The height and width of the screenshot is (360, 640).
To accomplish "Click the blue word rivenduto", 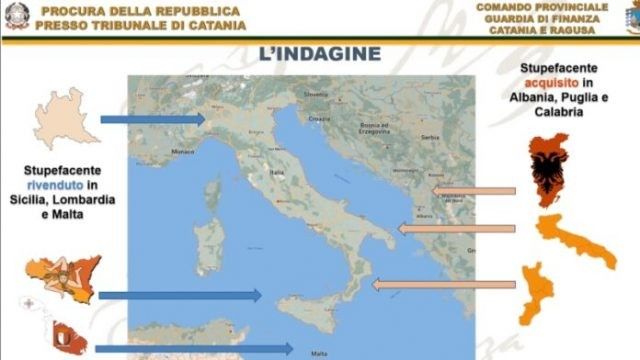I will tap(56, 185).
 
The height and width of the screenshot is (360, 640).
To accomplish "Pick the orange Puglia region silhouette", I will tap(577, 241).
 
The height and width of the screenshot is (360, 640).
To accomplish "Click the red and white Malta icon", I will tap(69, 337).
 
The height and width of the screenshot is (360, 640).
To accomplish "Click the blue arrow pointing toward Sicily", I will tap(180, 295).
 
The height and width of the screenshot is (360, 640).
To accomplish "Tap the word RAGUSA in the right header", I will tap(567, 30).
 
